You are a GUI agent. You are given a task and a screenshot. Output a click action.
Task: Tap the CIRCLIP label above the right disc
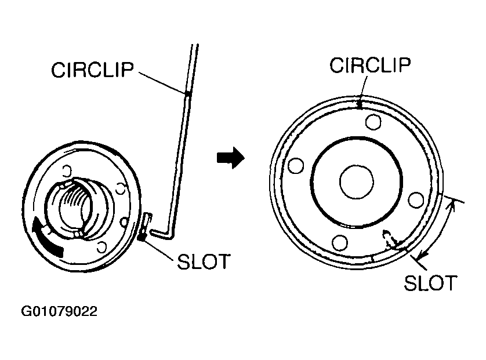click(x=371, y=66)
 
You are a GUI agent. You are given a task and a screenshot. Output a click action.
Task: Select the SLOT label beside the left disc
click(x=202, y=261)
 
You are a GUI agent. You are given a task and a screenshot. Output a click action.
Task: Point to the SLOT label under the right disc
click(x=430, y=283)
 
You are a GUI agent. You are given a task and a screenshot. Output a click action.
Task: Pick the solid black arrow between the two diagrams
click(x=229, y=158)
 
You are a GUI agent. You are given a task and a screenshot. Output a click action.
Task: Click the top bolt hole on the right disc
click(x=373, y=122)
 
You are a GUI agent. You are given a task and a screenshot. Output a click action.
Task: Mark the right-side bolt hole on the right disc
click(x=416, y=199)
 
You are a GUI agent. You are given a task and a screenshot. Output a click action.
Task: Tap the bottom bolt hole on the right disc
click(x=339, y=242)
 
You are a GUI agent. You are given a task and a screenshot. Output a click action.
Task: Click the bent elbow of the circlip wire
click(x=169, y=234)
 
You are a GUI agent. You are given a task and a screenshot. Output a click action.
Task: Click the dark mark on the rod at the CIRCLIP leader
click(x=187, y=94)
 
